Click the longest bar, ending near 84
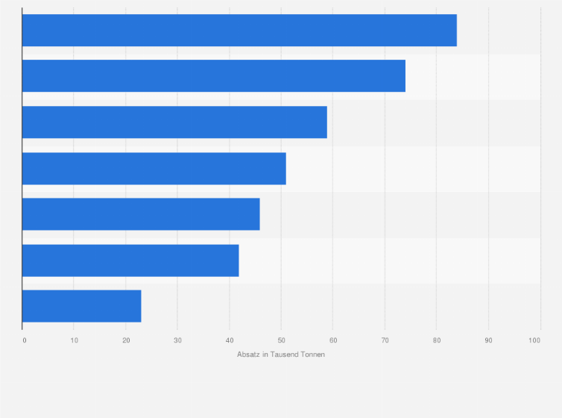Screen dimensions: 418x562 [239, 31]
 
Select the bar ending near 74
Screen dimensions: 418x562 [214, 76]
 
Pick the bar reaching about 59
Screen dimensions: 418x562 [174, 122]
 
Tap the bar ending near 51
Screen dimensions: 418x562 [154, 169]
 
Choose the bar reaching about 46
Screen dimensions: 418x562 [141, 214]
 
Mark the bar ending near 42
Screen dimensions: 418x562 [130, 261]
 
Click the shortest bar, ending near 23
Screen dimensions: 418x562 [82, 306]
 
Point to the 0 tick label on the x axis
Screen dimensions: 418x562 [25, 340]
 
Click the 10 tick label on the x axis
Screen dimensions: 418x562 [75, 340]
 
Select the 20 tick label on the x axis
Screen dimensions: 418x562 [126, 340]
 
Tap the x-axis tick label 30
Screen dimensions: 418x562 [177, 340]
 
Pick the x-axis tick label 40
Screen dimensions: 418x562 [230, 340]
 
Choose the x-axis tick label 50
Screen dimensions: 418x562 [281, 340]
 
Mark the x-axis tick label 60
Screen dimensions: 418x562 [333, 340]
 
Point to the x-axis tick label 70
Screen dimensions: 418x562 [385, 340]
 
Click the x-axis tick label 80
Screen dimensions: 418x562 [437, 340]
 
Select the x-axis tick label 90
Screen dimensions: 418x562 [488, 340]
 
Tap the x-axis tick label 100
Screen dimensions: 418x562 [534, 340]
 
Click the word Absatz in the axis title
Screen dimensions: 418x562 [248, 355]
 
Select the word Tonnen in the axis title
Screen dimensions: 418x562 [312, 355]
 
